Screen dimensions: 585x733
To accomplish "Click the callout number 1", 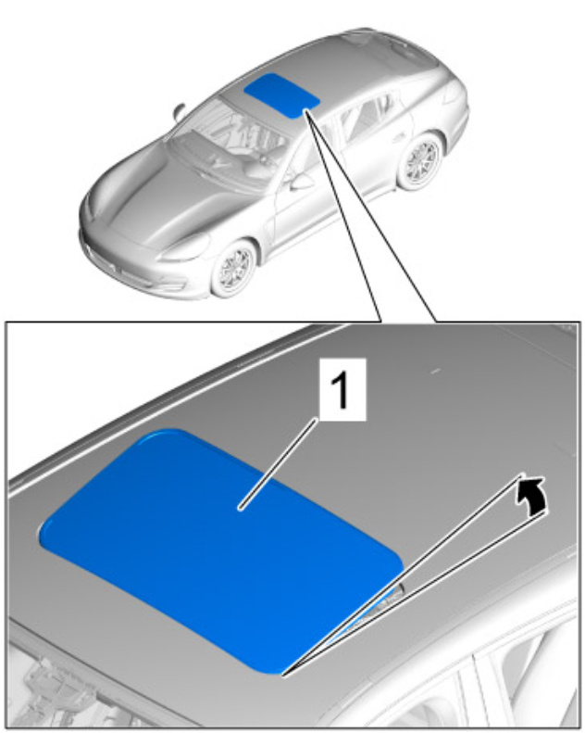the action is click(342, 390).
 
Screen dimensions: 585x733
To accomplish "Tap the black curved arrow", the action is click(532, 495).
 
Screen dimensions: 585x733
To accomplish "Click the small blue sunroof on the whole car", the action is click(281, 95).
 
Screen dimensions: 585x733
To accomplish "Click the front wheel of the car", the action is click(234, 269).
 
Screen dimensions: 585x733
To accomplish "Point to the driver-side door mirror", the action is click(300, 182).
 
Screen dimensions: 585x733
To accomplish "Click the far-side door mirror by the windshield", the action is click(179, 111).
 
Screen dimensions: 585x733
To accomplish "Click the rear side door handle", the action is click(400, 138).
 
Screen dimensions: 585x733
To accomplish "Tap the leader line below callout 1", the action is click(279, 463).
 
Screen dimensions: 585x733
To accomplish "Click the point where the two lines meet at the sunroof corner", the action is click(283, 675).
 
